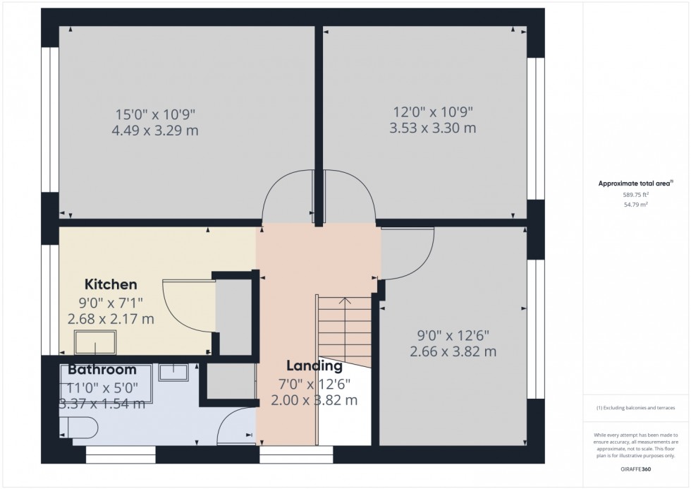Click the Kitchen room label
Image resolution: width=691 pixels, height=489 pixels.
click(x=111, y=284)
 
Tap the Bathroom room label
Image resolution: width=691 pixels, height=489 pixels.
click(x=102, y=370)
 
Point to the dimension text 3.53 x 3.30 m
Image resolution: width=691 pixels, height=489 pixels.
click(x=432, y=128)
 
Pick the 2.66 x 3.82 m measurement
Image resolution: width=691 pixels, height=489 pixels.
click(x=453, y=351)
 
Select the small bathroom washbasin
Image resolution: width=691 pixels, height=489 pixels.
click(x=172, y=371)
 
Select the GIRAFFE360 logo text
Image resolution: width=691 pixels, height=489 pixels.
click(x=636, y=467)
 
